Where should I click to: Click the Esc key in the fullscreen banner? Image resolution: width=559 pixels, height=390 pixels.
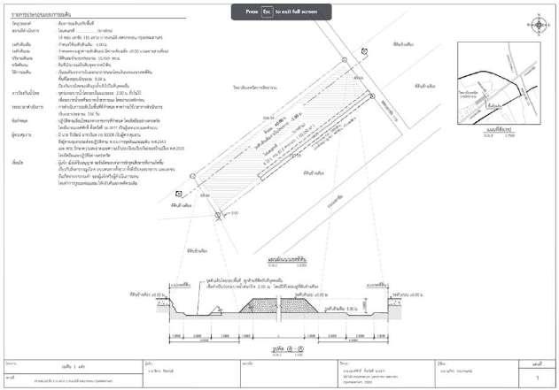click(265, 12)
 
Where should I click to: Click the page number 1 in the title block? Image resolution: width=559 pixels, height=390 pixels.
click(537, 377)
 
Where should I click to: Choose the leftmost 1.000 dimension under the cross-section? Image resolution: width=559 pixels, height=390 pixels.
click(178, 337)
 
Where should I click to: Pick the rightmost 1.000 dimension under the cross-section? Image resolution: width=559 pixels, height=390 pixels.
click(381, 337)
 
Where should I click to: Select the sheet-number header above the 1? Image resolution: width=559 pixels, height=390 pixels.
click(537, 363)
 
